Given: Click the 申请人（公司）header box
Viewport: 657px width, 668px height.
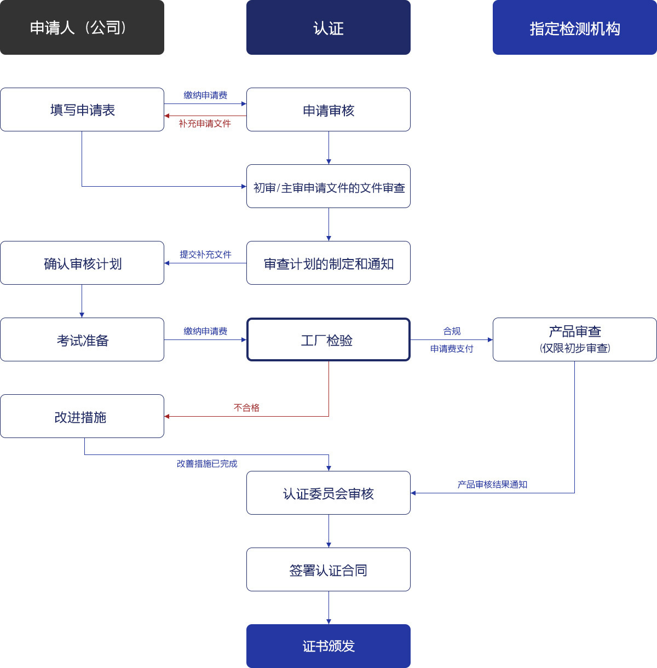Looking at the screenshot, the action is click(82, 27).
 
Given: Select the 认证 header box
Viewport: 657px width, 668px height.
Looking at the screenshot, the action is click(328, 27).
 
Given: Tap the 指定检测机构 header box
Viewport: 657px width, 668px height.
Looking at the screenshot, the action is click(575, 27).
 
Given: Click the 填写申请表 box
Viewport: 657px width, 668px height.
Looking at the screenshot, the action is click(82, 110).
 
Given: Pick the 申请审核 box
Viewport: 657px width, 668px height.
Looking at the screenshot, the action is click(328, 110).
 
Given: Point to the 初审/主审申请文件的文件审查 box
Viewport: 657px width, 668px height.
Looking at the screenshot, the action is click(328, 186).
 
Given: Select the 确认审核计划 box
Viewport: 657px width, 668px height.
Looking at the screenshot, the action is click(82, 263).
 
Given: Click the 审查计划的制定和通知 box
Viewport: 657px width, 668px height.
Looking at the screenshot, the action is click(328, 263).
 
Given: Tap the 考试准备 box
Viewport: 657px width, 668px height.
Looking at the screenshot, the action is click(82, 339).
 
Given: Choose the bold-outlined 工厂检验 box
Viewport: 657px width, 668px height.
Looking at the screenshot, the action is click(328, 339).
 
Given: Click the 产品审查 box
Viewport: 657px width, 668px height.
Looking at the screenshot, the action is click(575, 339).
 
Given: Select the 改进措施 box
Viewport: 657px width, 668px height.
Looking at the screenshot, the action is click(82, 416).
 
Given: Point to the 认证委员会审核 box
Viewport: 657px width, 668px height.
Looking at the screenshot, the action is click(328, 493).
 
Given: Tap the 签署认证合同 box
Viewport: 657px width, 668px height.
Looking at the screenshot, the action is click(328, 569).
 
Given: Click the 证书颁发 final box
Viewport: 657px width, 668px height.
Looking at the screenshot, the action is click(328, 646).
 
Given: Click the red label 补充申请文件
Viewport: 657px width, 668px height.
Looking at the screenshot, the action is click(205, 123).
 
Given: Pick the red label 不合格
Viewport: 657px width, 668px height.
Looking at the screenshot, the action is click(246, 407).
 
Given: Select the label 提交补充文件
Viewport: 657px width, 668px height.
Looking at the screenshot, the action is click(205, 255).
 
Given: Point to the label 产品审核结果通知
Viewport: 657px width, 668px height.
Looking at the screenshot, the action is click(492, 484).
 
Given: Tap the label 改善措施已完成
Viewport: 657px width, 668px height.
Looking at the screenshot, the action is click(207, 463).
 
